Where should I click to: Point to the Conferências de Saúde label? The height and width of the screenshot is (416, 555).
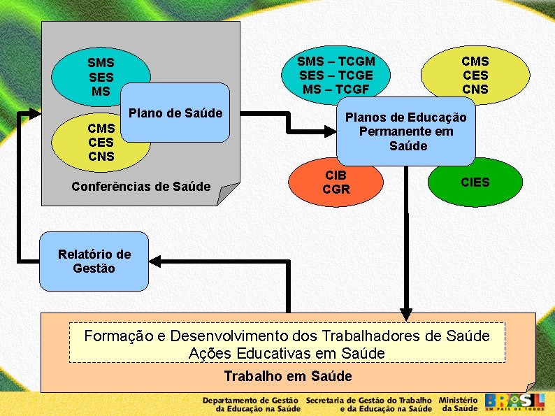tap(140, 186)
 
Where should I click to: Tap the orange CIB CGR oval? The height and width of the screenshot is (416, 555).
tap(336, 182)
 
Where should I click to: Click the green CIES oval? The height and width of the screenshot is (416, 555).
tap(475, 182)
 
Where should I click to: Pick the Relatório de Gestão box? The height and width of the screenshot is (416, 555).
tap(94, 261)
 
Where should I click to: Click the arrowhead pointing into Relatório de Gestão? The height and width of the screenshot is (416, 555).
tap(155, 261)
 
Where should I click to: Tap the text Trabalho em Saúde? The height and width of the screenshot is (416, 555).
tap(288, 376)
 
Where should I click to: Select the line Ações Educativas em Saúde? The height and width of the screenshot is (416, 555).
tap(287, 353)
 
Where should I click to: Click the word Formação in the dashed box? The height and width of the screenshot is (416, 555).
tap(118, 336)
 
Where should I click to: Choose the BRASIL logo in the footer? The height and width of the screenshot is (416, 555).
tap(514, 402)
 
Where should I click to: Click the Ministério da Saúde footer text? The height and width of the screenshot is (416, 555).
tap(459, 403)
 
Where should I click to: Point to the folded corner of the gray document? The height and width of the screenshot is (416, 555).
tap(227, 195)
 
